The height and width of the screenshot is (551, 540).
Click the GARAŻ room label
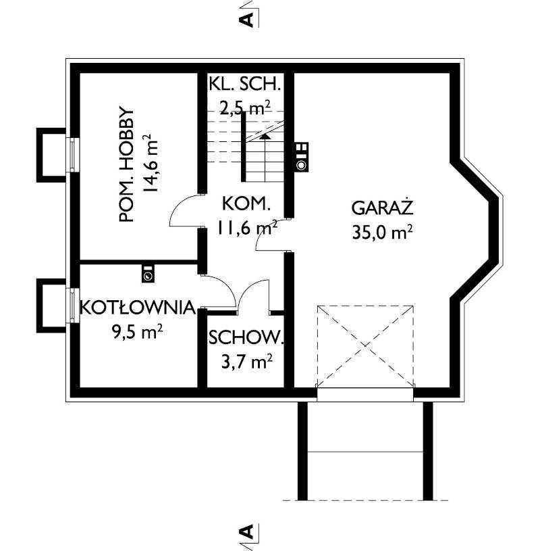[x=382, y=208]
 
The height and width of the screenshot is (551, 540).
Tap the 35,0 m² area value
[x=382, y=232]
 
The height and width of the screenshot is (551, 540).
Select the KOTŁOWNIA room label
[x=138, y=307]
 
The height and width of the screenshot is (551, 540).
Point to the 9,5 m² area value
[x=137, y=331]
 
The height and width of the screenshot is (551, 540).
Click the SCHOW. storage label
[x=246, y=337]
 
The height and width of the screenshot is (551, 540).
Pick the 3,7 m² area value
[x=247, y=361]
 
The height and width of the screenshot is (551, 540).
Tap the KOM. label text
[x=246, y=203]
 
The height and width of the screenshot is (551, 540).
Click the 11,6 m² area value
[x=247, y=228]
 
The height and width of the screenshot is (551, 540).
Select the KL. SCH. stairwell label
[x=245, y=85]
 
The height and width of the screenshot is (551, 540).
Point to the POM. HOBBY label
[x=127, y=164]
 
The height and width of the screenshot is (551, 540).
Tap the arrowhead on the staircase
[x=265, y=137]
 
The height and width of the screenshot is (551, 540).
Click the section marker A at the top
[x=246, y=20]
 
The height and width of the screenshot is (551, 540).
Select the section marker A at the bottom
[x=246, y=531]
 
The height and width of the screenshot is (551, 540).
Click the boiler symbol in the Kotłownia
[x=148, y=273]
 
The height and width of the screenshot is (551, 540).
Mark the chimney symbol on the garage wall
[x=302, y=157]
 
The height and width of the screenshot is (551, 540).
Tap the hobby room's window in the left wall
[x=73, y=155]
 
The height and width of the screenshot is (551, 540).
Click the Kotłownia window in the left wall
[x=73, y=306]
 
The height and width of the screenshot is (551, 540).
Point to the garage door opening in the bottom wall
[x=365, y=394]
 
